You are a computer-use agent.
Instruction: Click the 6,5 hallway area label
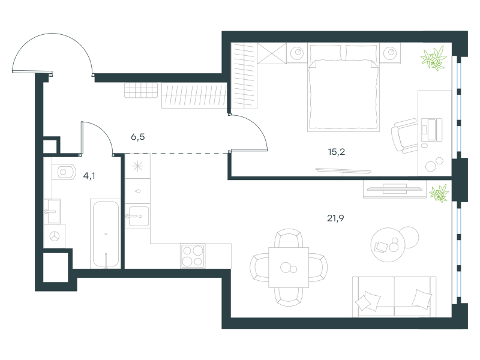[138, 137]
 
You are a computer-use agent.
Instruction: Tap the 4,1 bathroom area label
[89, 176]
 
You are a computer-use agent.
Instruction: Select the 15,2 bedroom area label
[337, 152]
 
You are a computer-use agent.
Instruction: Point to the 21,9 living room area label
[335, 218]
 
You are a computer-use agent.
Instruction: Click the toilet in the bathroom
[64, 172]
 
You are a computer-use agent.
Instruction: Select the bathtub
[106, 234]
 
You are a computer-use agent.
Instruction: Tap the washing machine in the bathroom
[55, 236]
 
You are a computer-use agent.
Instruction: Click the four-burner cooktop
[193, 256]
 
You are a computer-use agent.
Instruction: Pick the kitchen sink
[138, 217]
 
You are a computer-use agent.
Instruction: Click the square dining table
[289, 267]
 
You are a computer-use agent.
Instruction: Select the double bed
[343, 88]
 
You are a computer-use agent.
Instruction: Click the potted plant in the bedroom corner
[434, 58]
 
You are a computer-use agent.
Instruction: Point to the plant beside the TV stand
[439, 193]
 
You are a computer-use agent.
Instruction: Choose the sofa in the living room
[394, 296]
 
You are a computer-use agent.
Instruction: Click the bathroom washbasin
[52, 211]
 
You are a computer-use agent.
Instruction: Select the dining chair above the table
[289, 239]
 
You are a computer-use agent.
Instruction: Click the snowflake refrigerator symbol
[137, 166]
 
